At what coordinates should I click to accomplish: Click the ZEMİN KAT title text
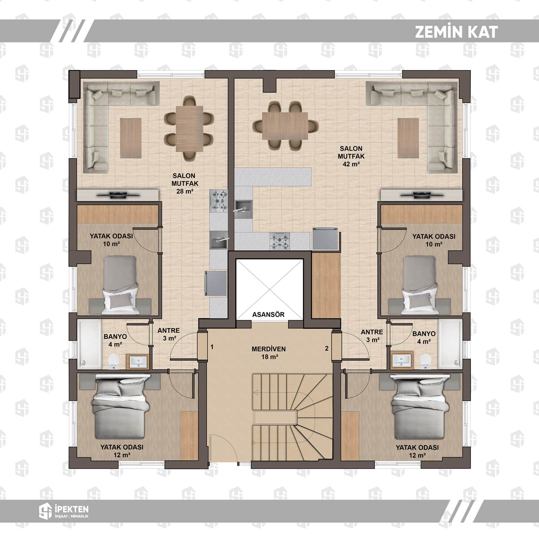pos(456,32)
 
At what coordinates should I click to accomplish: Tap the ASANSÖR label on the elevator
pos(268,315)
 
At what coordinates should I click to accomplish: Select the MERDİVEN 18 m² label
pos(269,353)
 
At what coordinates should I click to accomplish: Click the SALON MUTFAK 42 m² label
pos(351,156)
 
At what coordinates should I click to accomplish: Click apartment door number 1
pos(212,347)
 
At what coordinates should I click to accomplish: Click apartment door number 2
pos(327,348)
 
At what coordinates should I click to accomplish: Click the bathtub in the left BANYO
pos(89,344)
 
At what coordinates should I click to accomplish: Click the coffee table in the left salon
pos(131,138)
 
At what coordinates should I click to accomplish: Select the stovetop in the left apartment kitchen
pos(218,200)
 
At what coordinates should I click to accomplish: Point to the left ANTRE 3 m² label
pos(169,335)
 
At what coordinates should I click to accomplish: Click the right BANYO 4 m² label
pos(424,337)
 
